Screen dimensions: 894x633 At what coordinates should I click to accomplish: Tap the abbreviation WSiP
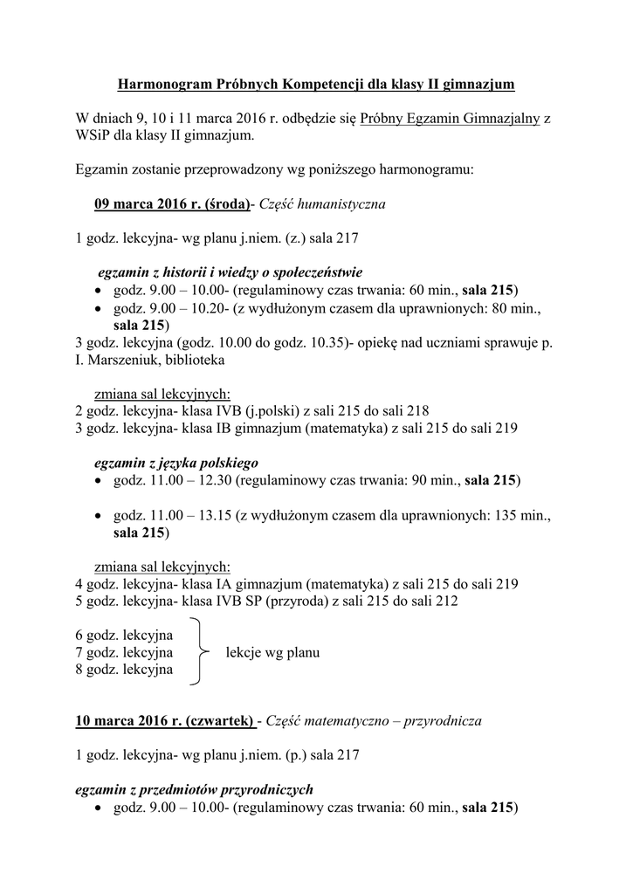point(94,136)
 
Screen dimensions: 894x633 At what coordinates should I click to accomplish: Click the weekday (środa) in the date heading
point(226,204)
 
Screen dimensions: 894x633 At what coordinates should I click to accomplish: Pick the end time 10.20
point(210,308)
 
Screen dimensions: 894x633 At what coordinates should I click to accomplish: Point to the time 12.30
point(215,480)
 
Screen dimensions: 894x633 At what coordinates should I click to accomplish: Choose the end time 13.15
point(215,516)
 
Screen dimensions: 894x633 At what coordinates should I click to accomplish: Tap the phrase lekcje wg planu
point(272,652)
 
